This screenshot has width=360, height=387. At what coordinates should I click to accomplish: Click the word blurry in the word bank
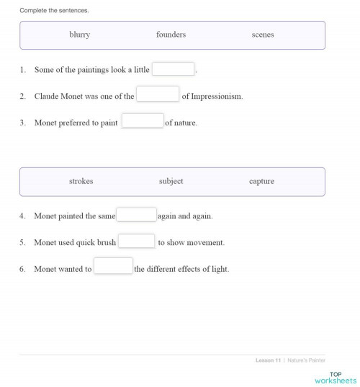tap(79, 35)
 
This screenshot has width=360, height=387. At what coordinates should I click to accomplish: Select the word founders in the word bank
tap(171, 35)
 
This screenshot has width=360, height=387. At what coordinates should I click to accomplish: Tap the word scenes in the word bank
tap(263, 35)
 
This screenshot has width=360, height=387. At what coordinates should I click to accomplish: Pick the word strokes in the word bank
tap(81, 182)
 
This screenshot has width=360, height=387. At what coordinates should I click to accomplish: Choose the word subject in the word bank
tap(171, 182)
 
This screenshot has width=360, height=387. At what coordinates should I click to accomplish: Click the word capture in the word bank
tap(261, 182)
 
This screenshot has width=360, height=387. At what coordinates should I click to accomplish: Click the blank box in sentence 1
tap(174, 70)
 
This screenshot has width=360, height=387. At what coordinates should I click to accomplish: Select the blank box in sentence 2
tap(158, 95)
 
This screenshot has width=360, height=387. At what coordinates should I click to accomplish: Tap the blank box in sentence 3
tap(143, 122)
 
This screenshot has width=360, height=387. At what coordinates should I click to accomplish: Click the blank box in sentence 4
tap(137, 215)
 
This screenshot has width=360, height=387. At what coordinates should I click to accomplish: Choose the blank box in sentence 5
tap(137, 242)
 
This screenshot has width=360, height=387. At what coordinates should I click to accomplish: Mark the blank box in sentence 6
tap(114, 268)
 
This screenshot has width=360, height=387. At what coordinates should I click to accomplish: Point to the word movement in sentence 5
tap(206, 243)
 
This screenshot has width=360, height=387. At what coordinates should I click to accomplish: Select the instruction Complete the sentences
tap(54, 11)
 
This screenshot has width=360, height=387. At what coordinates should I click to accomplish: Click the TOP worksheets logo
tap(341, 376)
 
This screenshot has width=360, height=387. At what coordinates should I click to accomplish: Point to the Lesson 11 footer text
tap(267, 360)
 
